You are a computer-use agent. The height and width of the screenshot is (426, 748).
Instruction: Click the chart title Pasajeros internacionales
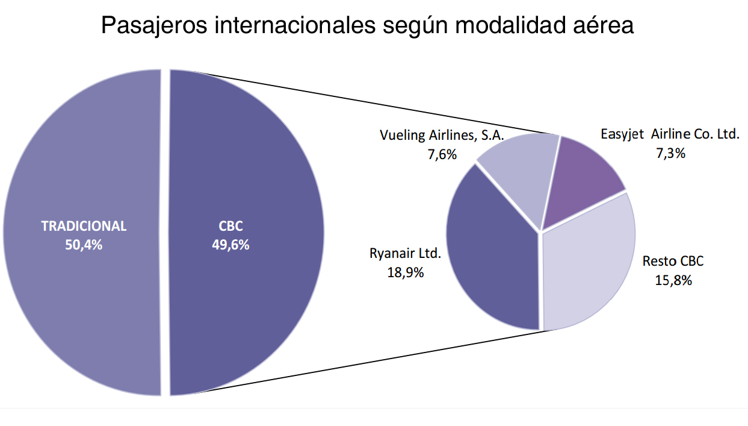click(366, 26)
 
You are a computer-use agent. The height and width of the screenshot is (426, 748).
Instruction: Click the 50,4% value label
click(84, 245)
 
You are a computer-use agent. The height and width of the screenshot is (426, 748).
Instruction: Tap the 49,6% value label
click(230, 245)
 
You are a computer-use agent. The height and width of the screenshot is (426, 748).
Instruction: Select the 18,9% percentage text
click(405, 272)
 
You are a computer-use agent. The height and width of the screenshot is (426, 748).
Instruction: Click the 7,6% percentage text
click(442, 155)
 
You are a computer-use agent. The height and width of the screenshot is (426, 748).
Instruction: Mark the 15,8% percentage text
click(673, 280)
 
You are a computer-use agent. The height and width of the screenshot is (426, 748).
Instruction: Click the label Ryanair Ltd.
click(405, 253)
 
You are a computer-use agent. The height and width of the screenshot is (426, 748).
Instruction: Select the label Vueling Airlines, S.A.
click(441, 135)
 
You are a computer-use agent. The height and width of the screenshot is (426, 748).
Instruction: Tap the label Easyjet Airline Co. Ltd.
click(669, 134)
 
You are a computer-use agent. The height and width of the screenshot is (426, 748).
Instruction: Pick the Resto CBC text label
click(673, 262)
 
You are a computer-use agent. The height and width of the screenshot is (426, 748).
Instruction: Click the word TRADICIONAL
click(84, 226)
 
